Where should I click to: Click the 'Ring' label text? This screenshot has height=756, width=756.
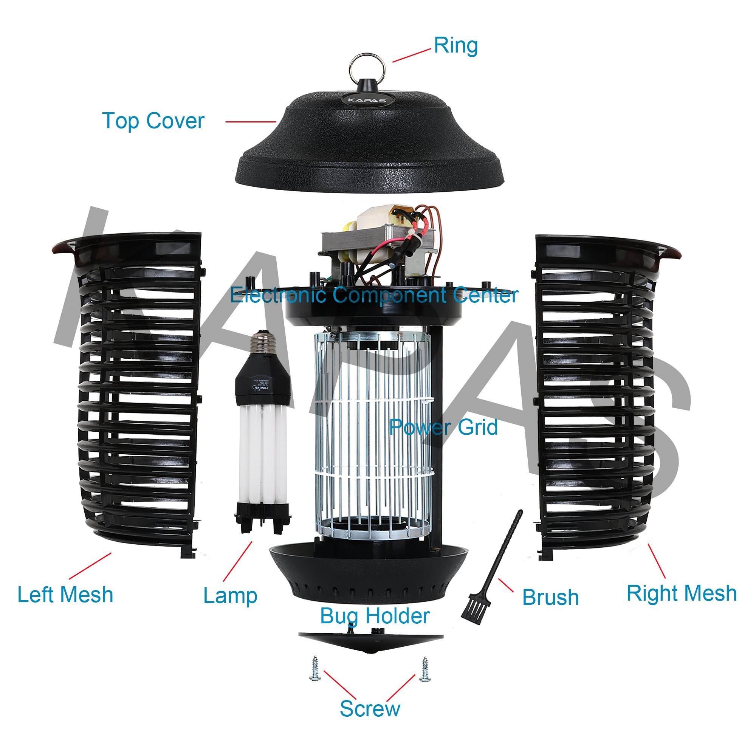pyautogui.click(x=456, y=46)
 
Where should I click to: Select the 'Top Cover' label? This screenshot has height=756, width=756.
pyautogui.click(x=153, y=121)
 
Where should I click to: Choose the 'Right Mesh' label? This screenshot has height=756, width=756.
pyautogui.click(x=682, y=593)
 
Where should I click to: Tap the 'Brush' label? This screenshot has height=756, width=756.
pyautogui.click(x=550, y=598)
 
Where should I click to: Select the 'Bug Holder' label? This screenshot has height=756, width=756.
pyautogui.click(x=375, y=616)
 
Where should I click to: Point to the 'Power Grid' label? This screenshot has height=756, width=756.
pyautogui.click(x=443, y=427)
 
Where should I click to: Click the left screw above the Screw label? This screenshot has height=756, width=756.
pyautogui.click(x=315, y=669)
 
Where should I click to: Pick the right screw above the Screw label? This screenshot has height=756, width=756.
pyautogui.click(x=424, y=669)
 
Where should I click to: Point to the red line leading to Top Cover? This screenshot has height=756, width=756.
pyautogui.click(x=251, y=122)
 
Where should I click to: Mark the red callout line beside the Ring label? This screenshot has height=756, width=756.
pyautogui.click(x=411, y=56)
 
